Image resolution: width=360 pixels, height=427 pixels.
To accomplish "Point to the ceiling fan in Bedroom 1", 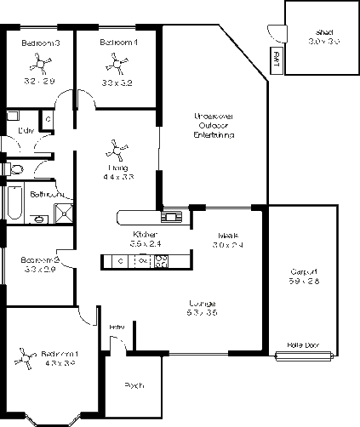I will pyautogui.click(x=25, y=362).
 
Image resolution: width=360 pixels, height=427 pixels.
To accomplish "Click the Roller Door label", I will pyautogui.click(x=303, y=344).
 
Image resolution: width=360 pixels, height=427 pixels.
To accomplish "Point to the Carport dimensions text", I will pyautogui.click(x=303, y=280).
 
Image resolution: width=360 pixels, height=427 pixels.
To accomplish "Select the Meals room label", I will pyautogui.click(x=227, y=235).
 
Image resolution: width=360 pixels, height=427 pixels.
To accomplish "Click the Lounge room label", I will pyautogui.click(x=202, y=303).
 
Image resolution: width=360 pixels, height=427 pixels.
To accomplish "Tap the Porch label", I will pyautogui.click(x=134, y=385).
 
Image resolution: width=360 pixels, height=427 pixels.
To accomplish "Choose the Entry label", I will pyautogui.click(x=117, y=327).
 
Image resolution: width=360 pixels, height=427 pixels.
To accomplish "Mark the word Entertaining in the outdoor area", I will pyautogui.click(x=214, y=135).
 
